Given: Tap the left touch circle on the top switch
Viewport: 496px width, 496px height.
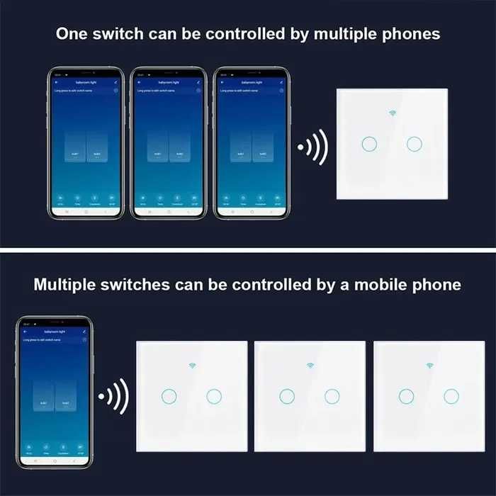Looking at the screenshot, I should (368, 144).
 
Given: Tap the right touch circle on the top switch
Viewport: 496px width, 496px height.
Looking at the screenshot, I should (415, 144).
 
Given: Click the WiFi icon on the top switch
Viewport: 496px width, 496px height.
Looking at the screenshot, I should (392, 113).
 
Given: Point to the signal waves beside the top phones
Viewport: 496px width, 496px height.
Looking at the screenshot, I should (312, 147).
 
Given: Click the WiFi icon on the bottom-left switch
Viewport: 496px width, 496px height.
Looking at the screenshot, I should (191, 366).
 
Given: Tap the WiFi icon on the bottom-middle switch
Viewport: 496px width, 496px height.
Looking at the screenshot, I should (310, 366).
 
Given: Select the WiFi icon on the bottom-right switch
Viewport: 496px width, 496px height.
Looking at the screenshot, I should (429, 366).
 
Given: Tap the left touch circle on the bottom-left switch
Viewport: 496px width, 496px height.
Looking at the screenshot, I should (169, 396).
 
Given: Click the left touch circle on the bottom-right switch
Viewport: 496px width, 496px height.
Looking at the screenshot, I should (406, 396).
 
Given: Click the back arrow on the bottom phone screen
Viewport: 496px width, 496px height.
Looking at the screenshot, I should (26, 331).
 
